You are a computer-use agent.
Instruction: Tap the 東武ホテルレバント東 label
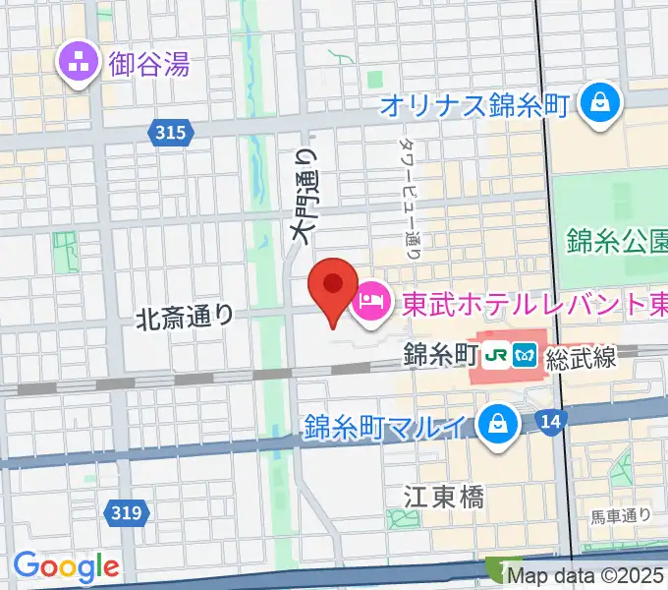coord(530,300)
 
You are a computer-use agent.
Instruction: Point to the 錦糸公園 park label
coord(617,240)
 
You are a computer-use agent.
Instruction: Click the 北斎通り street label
coord(185,317)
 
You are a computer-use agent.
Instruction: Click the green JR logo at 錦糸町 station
coord(498,354)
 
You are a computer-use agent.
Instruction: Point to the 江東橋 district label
coord(445,496)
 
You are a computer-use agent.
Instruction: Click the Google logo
coord(66,565)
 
